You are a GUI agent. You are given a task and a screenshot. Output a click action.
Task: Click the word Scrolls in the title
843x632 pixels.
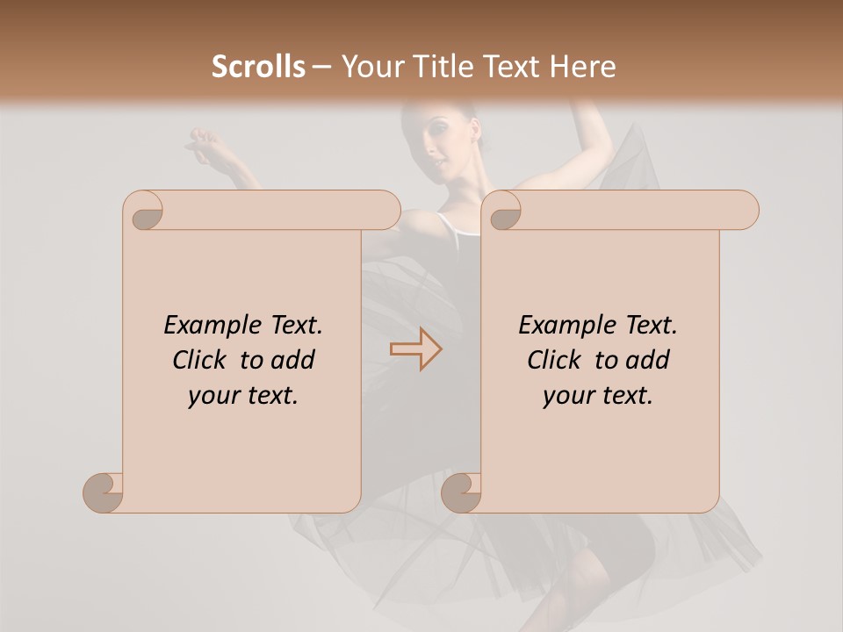click(x=258, y=67)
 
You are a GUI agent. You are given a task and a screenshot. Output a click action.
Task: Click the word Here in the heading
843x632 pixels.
click(x=583, y=67)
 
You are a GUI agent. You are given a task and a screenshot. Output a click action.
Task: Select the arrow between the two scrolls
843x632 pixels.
click(x=415, y=349)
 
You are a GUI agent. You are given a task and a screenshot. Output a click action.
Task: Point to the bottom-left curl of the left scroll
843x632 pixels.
click(x=102, y=492)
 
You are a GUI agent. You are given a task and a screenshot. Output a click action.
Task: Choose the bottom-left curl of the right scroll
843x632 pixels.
click(x=460, y=492)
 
